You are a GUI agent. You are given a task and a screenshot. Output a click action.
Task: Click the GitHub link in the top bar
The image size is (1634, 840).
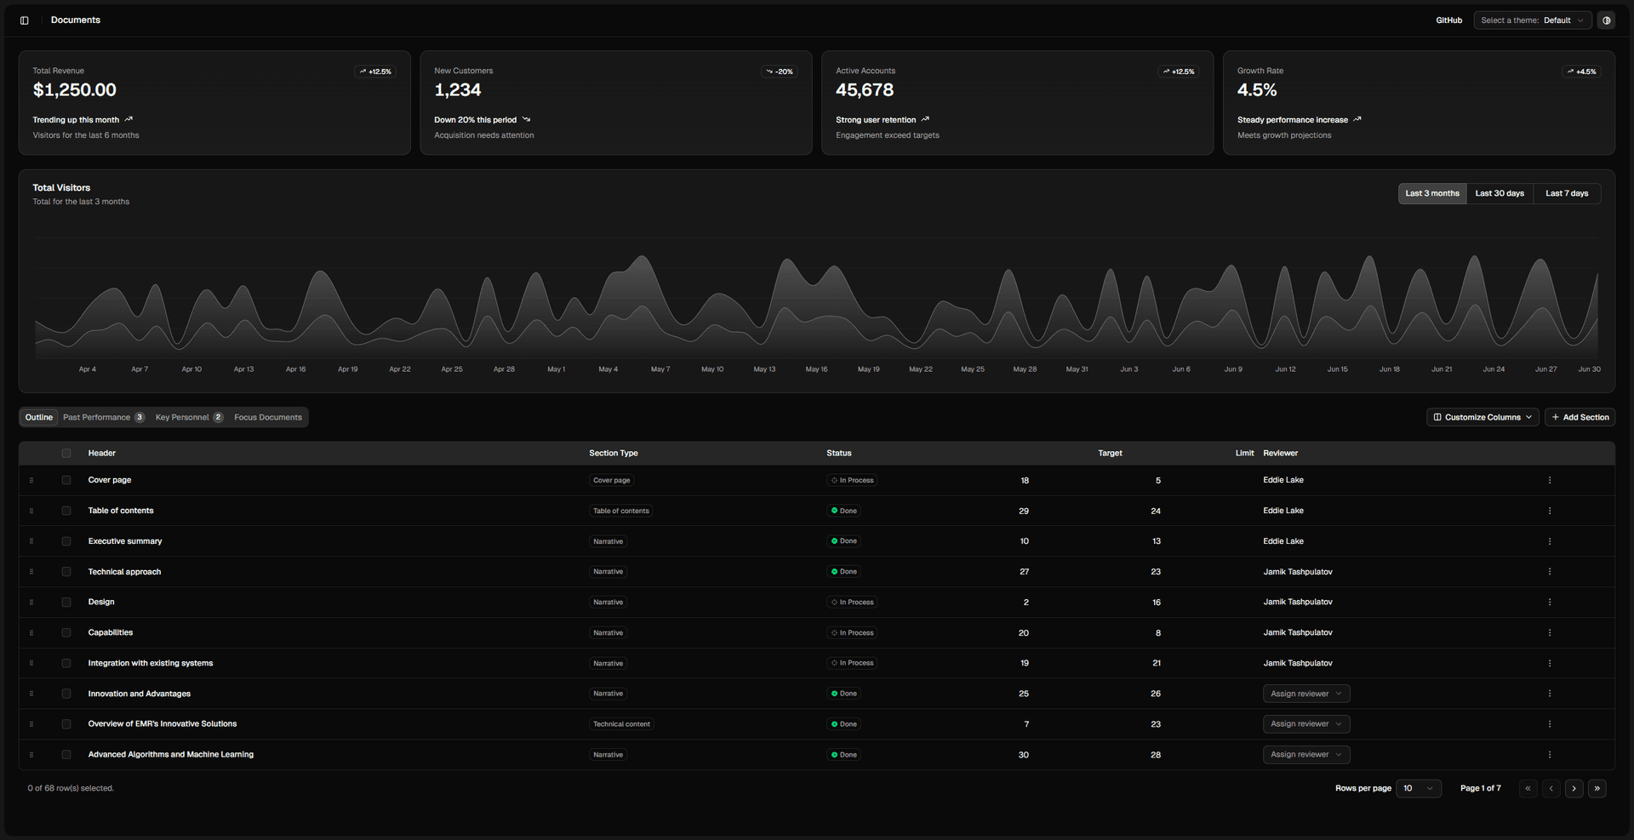[x=1448, y=20]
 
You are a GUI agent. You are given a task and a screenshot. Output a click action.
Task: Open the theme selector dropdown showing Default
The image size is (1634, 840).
[x=1533, y=20]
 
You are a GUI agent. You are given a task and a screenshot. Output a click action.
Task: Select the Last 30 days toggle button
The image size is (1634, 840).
[x=1500, y=193]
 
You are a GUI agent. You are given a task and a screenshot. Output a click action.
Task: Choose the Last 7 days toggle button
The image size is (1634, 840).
[x=1567, y=193]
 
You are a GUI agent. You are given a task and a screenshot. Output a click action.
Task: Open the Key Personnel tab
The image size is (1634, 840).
[x=189, y=417]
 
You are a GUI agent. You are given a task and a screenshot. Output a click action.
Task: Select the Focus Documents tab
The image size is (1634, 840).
[x=268, y=417]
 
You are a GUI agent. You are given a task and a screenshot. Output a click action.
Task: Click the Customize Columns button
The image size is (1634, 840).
[x=1483, y=417]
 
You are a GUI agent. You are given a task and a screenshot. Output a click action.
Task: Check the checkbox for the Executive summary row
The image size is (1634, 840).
[x=66, y=541]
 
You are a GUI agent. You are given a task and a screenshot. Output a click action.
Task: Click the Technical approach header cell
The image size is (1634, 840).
[x=124, y=572]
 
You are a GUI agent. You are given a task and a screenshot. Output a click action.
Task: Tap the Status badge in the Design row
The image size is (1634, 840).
[x=852, y=603]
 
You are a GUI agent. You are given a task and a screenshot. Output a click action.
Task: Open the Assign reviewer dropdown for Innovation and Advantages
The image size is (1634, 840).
[x=1306, y=694]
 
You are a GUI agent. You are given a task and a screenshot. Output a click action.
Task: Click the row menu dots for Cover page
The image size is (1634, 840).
[x=1550, y=480]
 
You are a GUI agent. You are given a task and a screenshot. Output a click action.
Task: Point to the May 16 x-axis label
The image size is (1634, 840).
[x=816, y=369]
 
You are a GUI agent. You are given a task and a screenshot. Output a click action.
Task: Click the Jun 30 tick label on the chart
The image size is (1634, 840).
[x=1589, y=369]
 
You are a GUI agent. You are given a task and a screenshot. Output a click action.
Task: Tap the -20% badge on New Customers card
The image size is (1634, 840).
[x=779, y=71]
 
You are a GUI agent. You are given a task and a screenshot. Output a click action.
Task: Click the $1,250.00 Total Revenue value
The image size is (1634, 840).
[x=75, y=90]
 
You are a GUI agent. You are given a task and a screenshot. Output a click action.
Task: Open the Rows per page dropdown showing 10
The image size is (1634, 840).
[x=1419, y=788]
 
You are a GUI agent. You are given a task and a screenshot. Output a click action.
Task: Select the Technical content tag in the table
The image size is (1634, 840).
[x=621, y=724]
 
